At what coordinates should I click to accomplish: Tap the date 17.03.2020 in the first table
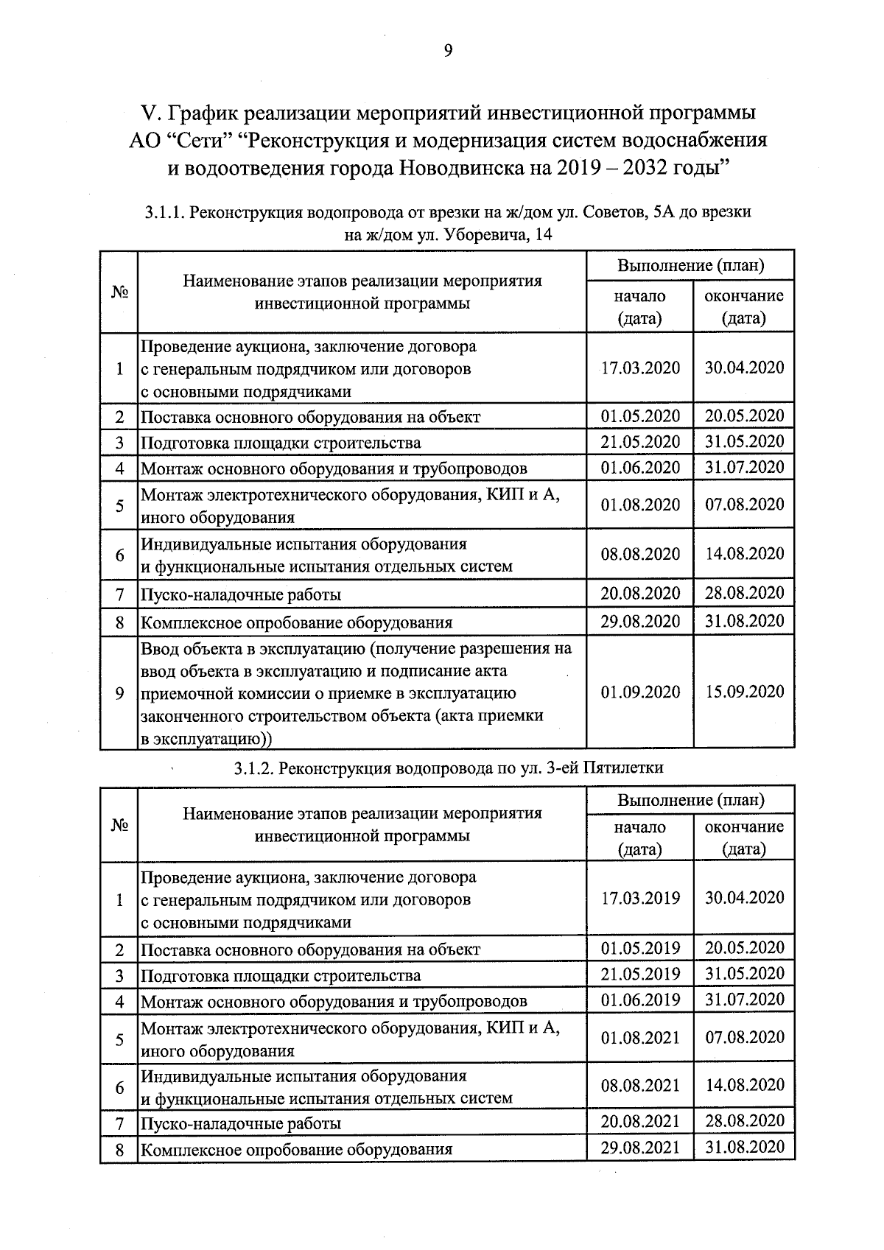(x=640, y=368)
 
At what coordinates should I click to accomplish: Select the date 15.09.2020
(x=744, y=692)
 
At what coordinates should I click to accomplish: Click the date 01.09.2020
(x=640, y=692)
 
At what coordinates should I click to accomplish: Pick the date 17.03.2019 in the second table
(x=640, y=898)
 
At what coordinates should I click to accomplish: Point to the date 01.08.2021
(x=640, y=1038)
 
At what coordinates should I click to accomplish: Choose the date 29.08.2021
(x=640, y=1147)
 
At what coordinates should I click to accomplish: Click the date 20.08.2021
(x=640, y=1121)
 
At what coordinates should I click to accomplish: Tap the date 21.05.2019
(x=640, y=974)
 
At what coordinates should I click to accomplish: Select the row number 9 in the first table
(x=119, y=693)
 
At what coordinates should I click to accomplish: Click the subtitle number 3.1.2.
(x=255, y=768)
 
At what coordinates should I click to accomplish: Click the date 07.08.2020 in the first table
(x=744, y=505)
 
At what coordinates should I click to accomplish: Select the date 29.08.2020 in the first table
(x=640, y=621)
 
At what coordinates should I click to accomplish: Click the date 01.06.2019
(x=640, y=1000)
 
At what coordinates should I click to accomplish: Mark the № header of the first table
(x=119, y=292)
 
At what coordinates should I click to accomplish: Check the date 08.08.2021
(x=640, y=1086)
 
